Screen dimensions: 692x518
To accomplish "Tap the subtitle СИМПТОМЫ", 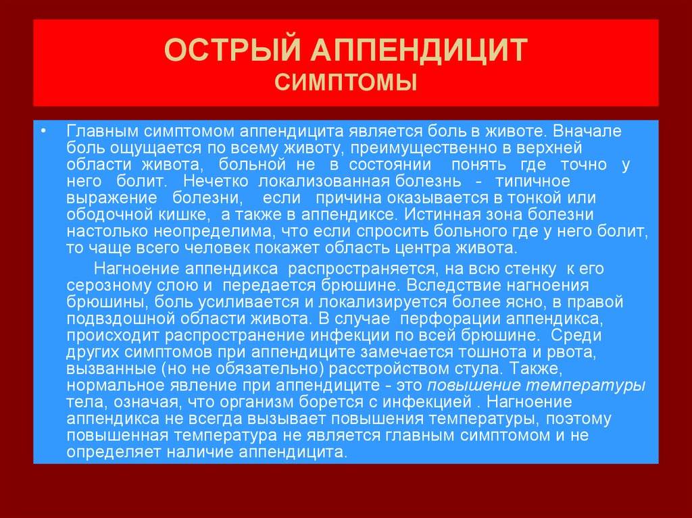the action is [x=346, y=82].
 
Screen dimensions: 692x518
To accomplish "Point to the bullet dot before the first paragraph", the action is [x=43, y=131].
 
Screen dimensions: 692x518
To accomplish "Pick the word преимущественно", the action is [x=422, y=149].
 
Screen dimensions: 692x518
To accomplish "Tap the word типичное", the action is [x=533, y=181].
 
